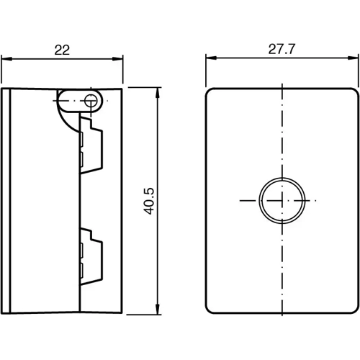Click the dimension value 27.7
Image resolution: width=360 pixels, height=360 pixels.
[282, 50]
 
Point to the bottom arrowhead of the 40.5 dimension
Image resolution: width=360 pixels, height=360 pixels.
[158, 310]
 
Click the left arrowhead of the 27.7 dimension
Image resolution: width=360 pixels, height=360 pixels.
[210, 60]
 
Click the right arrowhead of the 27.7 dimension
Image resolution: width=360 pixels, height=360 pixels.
[355, 60]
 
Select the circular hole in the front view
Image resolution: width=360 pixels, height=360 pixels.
[276, 199]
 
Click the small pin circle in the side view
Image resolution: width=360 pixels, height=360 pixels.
[91, 101]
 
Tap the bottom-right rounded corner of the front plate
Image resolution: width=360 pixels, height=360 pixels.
[354, 310]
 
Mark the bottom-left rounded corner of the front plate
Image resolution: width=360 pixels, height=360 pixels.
[211, 310]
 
